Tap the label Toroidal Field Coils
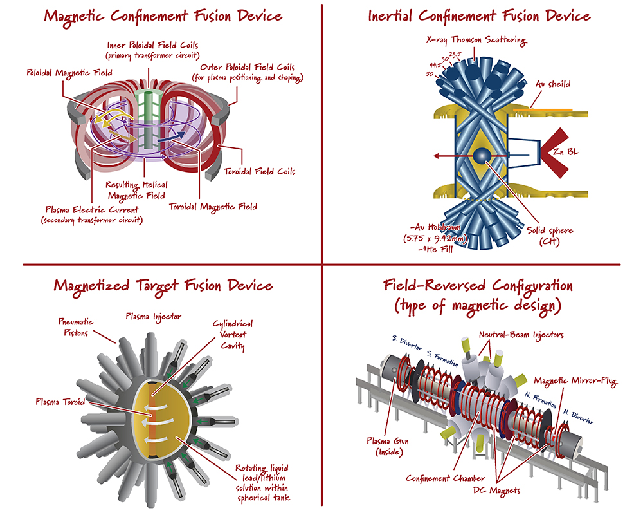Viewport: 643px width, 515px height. [x=269, y=172]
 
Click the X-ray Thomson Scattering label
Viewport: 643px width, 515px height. [x=476, y=41]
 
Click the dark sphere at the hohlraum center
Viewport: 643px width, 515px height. [x=481, y=156]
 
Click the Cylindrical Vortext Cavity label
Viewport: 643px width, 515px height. [x=233, y=335]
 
